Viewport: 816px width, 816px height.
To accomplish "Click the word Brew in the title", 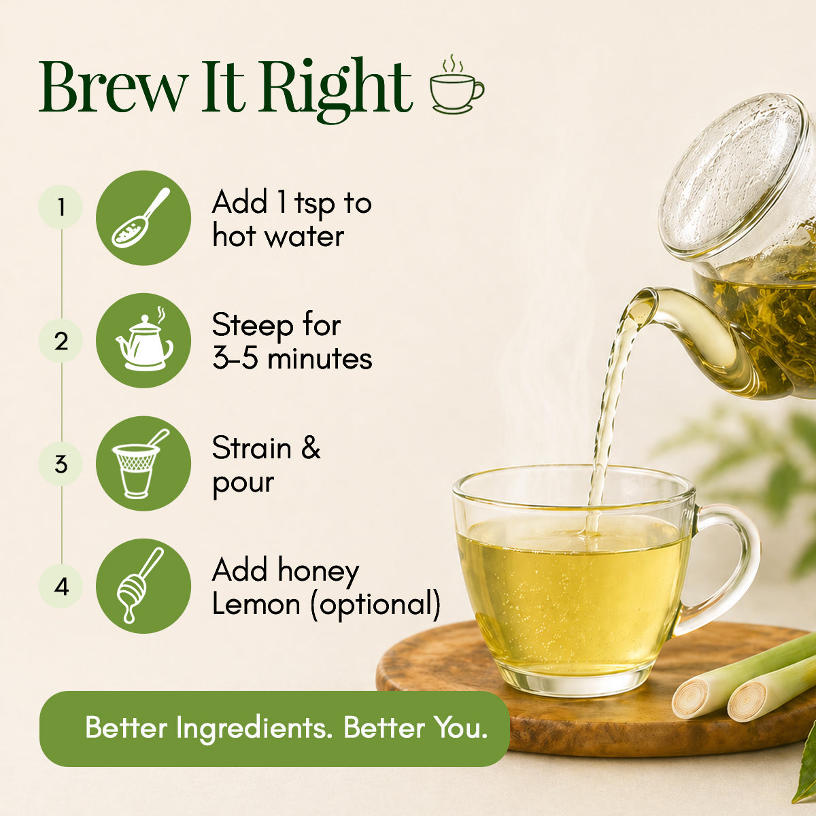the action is [114, 86].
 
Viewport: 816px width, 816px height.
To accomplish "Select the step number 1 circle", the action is [61, 207].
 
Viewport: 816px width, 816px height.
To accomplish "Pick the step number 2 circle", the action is [61, 341].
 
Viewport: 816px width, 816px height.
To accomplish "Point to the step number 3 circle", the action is [61, 464].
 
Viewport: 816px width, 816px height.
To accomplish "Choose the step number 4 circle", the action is [61, 586].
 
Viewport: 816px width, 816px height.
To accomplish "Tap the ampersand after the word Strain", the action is [311, 447].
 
